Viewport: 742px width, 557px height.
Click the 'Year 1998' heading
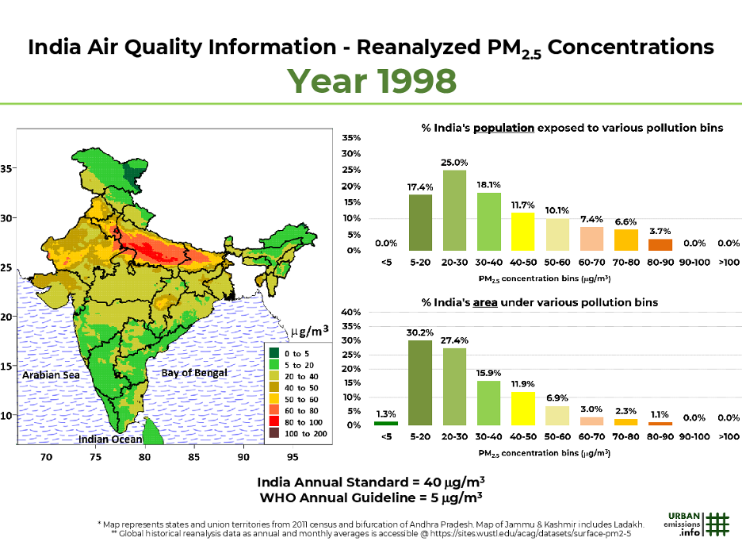pyautogui.click(x=370, y=80)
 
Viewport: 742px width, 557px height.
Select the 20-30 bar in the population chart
pyautogui.click(x=454, y=210)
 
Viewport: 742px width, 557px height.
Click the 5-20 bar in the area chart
pyautogui.click(x=420, y=382)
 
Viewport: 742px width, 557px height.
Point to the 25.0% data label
pyautogui.click(x=454, y=162)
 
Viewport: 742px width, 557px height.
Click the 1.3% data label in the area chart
pyautogui.click(x=386, y=414)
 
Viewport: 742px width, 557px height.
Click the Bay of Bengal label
pyautogui.click(x=194, y=372)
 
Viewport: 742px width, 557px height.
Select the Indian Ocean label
pyautogui.click(x=110, y=439)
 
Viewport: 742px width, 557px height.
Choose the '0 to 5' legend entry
pyautogui.click(x=293, y=352)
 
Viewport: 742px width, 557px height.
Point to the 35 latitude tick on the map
pyautogui.click(x=7, y=169)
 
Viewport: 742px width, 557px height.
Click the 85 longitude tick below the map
pyautogui.click(x=193, y=457)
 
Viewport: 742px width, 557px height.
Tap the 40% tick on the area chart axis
pyautogui.click(x=351, y=313)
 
